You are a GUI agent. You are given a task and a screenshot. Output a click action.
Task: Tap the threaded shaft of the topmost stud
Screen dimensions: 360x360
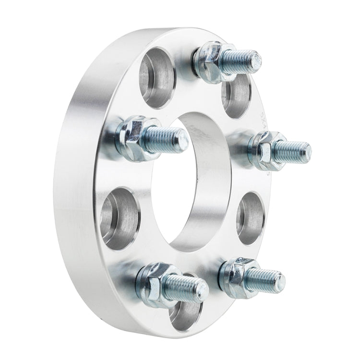coord(240,61)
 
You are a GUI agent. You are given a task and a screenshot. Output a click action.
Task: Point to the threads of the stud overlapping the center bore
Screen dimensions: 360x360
coord(166,140)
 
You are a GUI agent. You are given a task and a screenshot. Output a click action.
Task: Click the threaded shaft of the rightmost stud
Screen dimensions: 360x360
coord(290,152)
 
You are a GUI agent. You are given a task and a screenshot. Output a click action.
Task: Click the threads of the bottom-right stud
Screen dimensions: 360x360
coord(264,279)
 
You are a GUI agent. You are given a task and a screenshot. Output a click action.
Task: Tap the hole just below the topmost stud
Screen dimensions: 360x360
coord(236,96)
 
